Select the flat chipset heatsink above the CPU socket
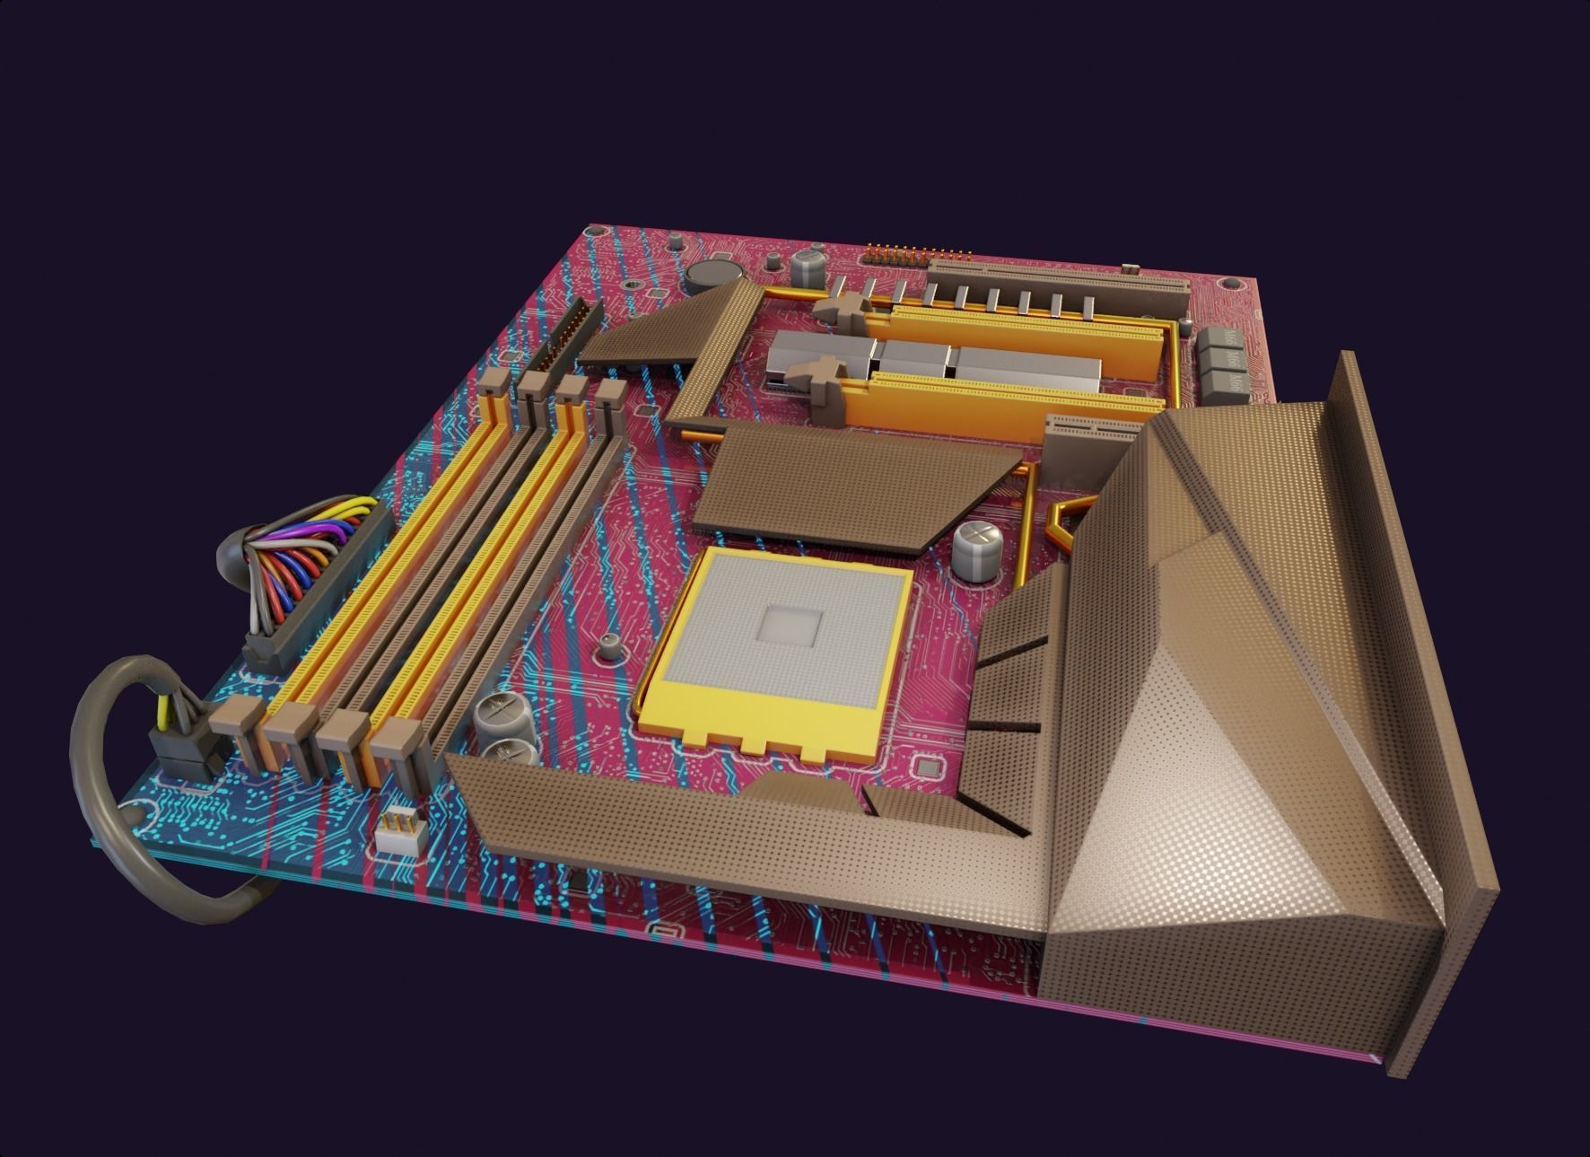pos(852,485)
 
